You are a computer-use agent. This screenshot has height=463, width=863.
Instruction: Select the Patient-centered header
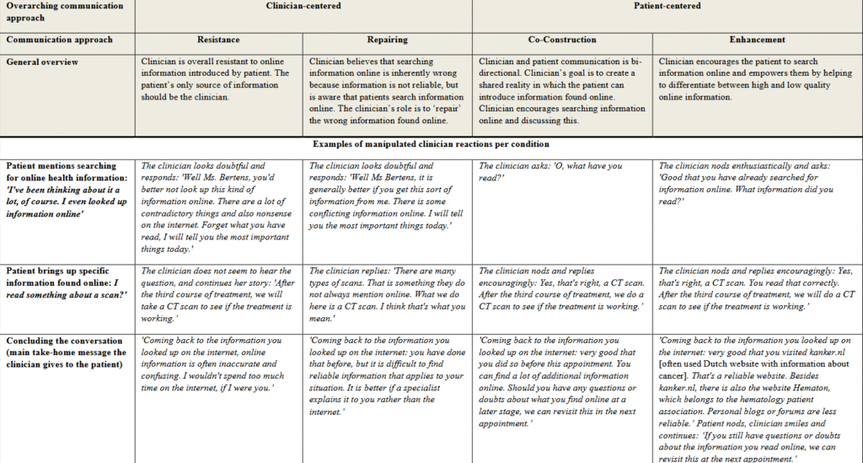[x=667, y=7]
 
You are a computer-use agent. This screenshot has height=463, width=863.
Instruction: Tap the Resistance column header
[x=219, y=40]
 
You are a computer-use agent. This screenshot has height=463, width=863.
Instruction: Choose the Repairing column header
[x=388, y=40]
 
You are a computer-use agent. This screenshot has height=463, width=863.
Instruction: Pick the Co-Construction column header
[x=563, y=40]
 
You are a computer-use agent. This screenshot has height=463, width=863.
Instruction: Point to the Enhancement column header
[x=757, y=40]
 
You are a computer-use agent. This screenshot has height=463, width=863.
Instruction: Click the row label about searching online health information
[x=63, y=190]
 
